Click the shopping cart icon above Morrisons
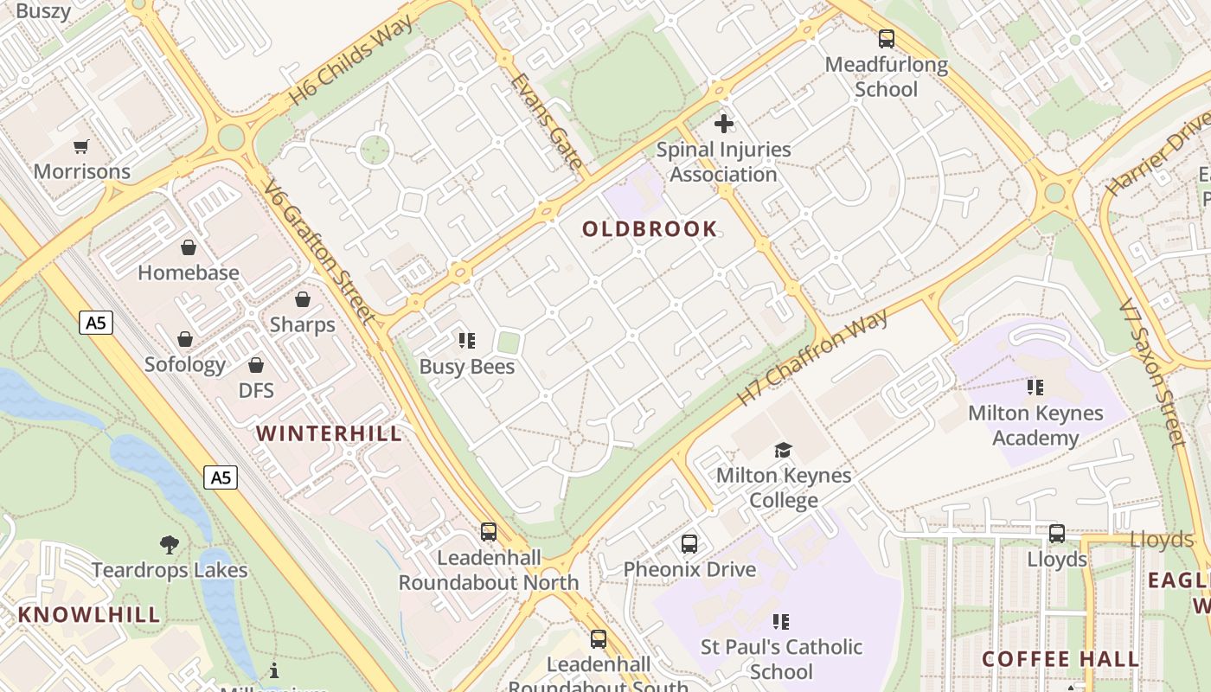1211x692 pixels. [x=81, y=146]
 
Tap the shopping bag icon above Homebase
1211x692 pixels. [x=189, y=248]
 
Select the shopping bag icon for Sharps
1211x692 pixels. [x=303, y=300]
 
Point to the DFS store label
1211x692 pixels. [x=256, y=390]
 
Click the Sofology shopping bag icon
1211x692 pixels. [x=185, y=339]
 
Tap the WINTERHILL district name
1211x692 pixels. [x=330, y=433]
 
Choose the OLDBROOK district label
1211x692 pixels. [x=650, y=229]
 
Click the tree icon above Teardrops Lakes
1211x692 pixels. [x=170, y=545]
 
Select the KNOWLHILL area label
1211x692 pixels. [x=89, y=615]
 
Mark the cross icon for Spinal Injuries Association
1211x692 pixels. [x=724, y=124]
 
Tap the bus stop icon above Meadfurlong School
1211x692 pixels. [x=887, y=39]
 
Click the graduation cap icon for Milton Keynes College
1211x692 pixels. [x=784, y=450]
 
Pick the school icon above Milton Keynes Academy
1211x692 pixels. [x=1035, y=388]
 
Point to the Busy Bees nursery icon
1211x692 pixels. [x=467, y=341]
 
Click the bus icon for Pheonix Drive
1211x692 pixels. [x=689, y=544]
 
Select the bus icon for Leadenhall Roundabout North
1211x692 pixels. [x=489, y=532]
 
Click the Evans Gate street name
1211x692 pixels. [x=546, y=120]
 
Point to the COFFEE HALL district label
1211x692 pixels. [x=1060, y=659]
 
